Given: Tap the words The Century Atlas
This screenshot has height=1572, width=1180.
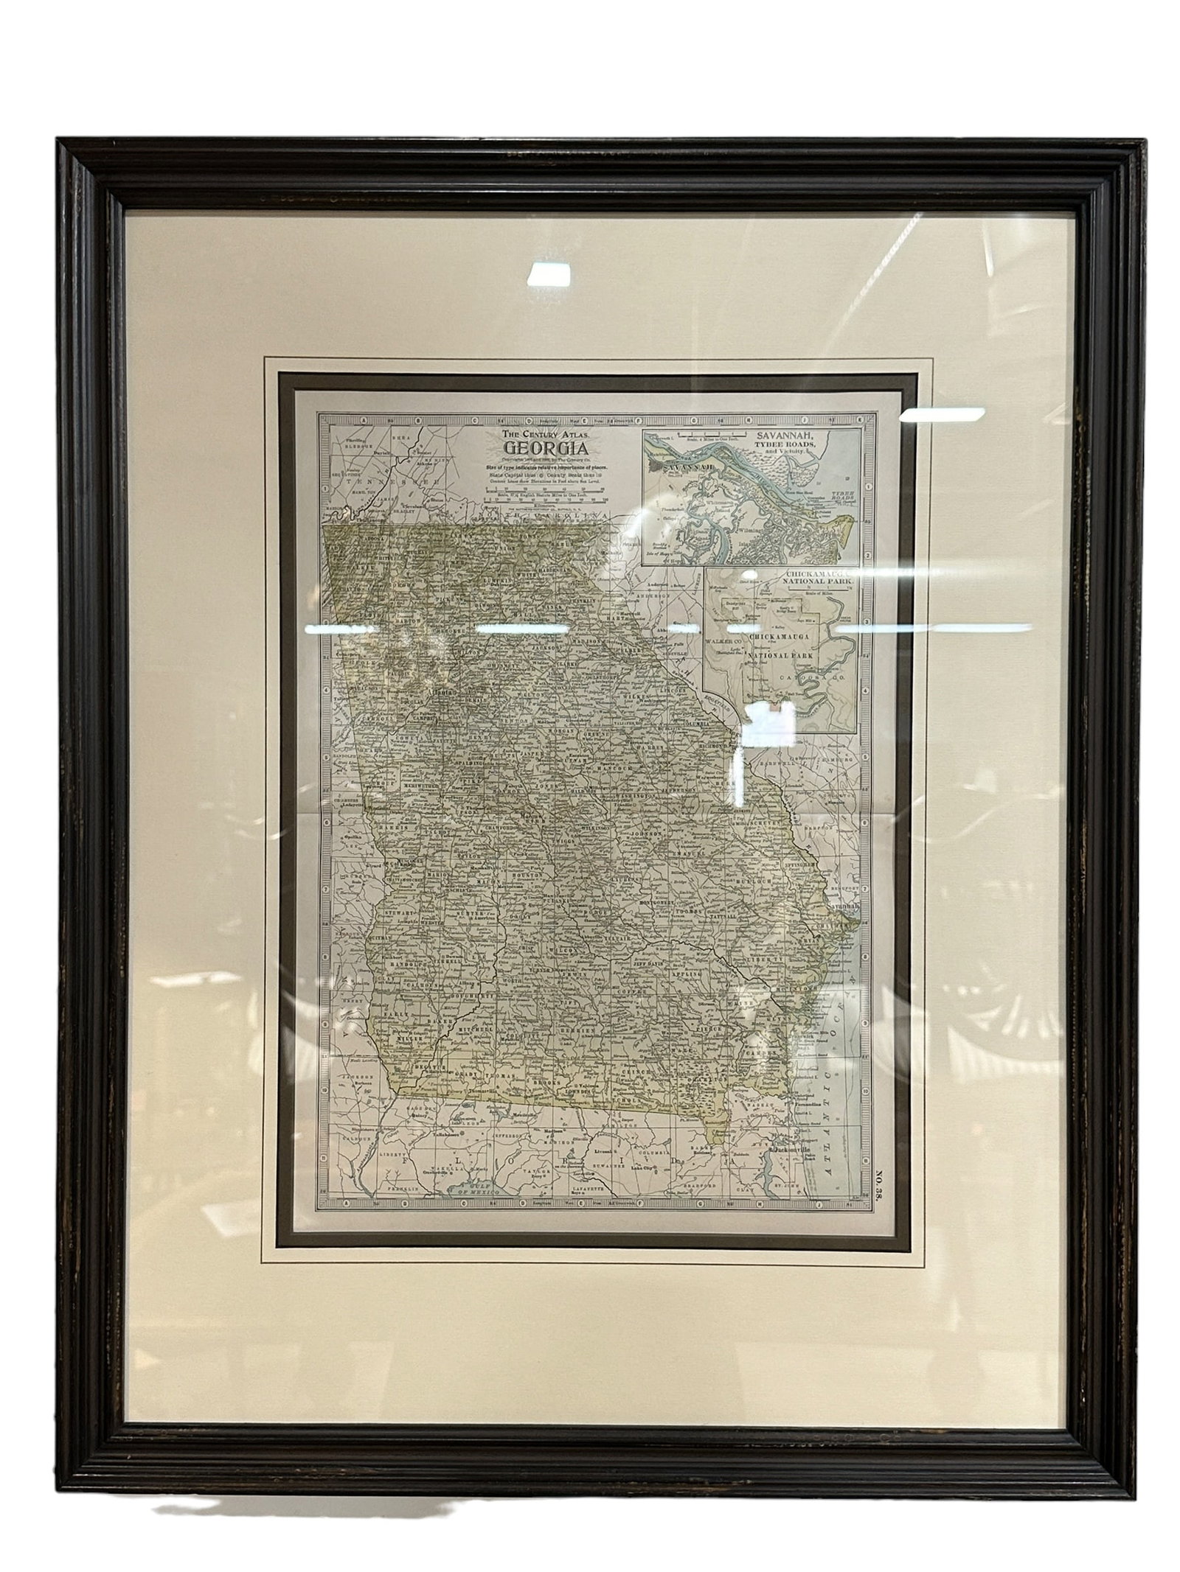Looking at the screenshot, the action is (546, 435).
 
